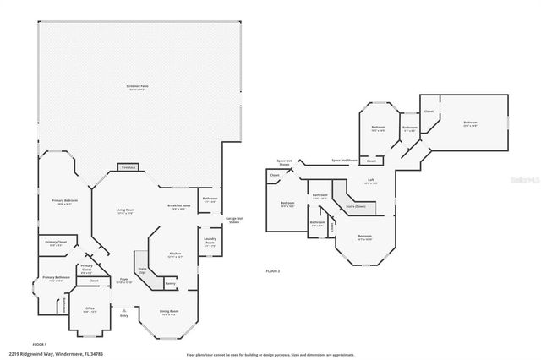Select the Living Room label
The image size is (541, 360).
(x=126, y=211)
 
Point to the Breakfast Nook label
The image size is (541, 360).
(x=178, y=206)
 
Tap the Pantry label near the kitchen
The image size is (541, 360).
(x=171, y=283)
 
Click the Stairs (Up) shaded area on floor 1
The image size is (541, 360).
(x=142, y=270)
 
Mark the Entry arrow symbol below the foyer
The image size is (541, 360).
(x=124, y=309)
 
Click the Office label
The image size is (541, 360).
(x=90, y=309)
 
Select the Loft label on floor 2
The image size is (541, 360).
(x=369, y=180)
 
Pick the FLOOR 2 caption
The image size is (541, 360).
(x=272, y=270)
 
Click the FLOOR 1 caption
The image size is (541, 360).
(x=39, y=344)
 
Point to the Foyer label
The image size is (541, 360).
(x=123, y=280)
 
